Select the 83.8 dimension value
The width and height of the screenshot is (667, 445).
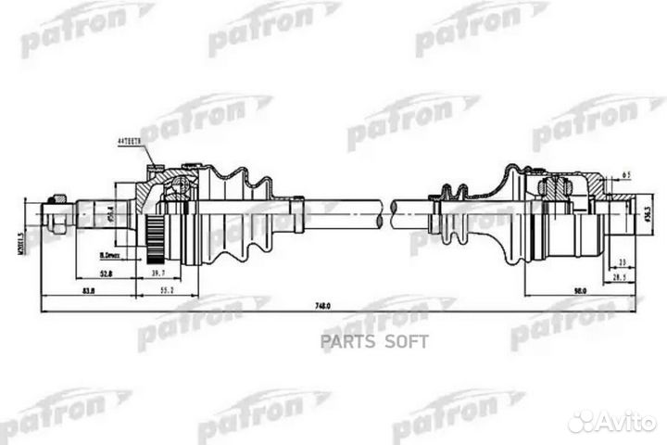click(x=89, y=291)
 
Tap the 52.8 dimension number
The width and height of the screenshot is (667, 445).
click(x=107, y=274)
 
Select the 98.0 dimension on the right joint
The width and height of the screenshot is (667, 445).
click(x=581, y=291)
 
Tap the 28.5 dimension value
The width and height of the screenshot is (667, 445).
click(x=616, y=277)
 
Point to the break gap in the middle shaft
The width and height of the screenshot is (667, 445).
click(x=387, y=214)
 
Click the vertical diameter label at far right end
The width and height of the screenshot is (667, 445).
click(x=647, y=217)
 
